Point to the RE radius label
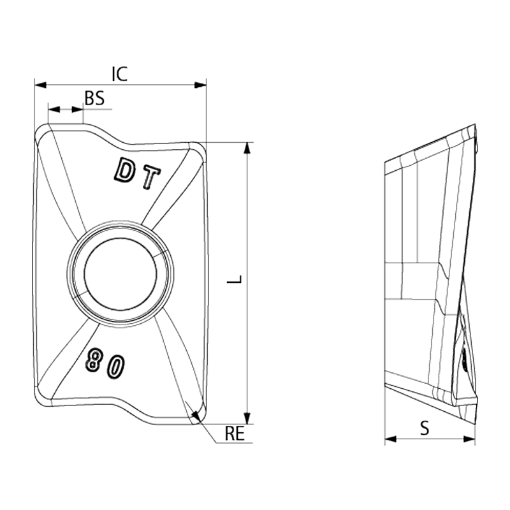click(235, 435)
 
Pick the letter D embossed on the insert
click(124, 170)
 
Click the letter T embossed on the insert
click(150, 180)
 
